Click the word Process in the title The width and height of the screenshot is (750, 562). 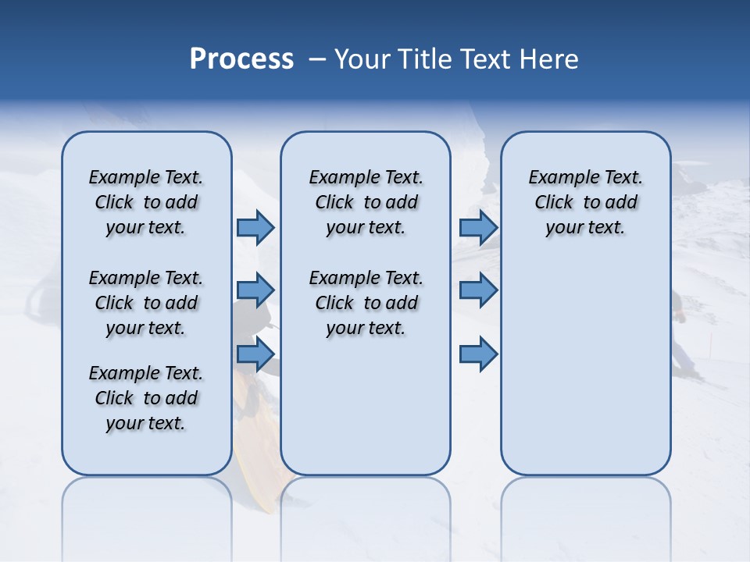pyautogui.click(x=241, y=59)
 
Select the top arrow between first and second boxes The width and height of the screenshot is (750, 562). pyautogui.click(x=255, y=227)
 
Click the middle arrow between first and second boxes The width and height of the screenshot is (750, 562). pyautogui.click(x=255, y=290)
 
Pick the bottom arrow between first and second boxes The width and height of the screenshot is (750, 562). pyautogui.click(x=255, y=354)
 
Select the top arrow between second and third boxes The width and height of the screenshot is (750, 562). pyautogui.click(x=478, y=227)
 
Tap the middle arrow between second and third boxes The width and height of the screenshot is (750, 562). pyautogui.click(x=478, y=290)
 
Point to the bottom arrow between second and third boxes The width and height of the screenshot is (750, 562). pyautogui.click(x=478, y=354)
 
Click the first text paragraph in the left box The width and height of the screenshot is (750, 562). pyautogui.click(x=146, y=202)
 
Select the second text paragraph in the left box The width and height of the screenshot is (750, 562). pyautogui.click(x=146, y=303)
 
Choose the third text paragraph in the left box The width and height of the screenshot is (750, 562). pyautogui.click(x=146, y=398)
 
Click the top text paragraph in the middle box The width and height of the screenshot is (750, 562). pyautogui.click(x=366, y=202)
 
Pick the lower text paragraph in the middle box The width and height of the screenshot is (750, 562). pyautogui.click(x=366, y=303)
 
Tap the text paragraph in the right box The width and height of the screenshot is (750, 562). pyautogui.click(x=585, y=202)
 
